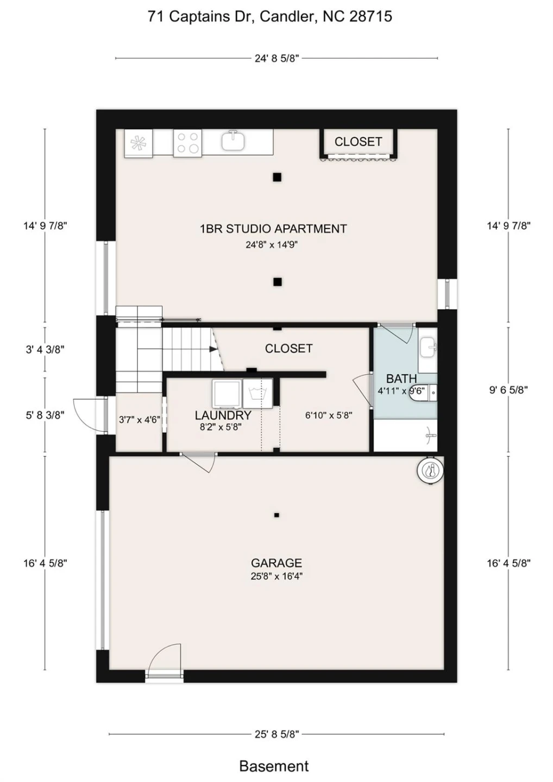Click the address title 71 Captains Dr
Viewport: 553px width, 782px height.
pos(198,16)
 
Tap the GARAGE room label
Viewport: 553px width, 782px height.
pos(276,563)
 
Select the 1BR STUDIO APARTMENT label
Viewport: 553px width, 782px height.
pos(273,229)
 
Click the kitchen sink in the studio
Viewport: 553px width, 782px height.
pos(233,140)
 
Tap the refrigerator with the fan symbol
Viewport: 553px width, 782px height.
pos(138,143)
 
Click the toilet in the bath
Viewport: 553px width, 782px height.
pos(423,391)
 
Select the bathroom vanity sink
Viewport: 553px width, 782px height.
pos(428,346)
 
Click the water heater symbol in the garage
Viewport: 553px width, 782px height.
pos(430,471)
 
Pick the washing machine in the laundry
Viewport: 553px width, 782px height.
pos(257,393)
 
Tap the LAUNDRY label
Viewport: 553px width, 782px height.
pos(223,415)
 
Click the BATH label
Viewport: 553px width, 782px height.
pos(401,379)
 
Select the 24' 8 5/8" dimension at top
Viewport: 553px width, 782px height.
pos(277,58)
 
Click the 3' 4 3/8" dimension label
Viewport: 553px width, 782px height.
pos(45,350)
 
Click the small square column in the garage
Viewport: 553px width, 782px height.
pos(276,515)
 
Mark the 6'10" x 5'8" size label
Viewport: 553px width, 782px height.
pos(329,415)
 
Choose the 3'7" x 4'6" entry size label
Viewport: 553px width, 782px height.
pos(139,419)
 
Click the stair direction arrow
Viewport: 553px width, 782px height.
pos(212,349)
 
